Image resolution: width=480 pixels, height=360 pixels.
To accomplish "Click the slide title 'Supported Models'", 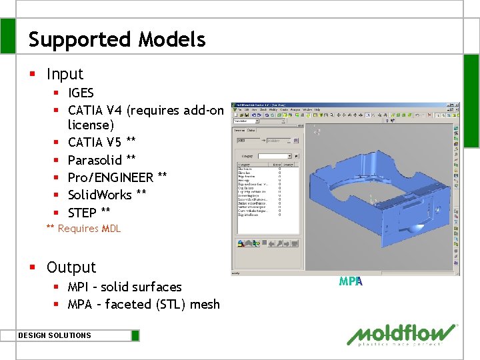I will click(x=117, y=39).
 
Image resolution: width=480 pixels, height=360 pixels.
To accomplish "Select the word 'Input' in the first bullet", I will click(x=65, y=74).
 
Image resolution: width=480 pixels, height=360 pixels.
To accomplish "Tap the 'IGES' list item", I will click(x=81, y=93).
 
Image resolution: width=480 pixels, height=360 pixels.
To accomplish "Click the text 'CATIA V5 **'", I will click(x=101, y=142).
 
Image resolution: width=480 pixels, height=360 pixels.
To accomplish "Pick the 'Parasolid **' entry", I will click(x=101, y=160).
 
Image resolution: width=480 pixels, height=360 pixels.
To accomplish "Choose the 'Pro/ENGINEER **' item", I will click(x=117, y=177).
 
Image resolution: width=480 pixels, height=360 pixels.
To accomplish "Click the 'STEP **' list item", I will click(x=89, y=212).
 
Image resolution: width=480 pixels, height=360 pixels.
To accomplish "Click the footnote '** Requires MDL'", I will click(x=83, y=229).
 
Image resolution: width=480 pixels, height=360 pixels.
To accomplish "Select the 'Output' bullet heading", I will click(x=71, y=267).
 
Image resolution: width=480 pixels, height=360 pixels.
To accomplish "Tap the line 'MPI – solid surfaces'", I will click(x=125, y=287).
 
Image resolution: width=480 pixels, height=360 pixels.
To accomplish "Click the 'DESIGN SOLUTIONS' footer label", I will click(x=55, y=335).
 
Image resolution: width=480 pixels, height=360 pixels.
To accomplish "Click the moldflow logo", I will click(x=402, y=335).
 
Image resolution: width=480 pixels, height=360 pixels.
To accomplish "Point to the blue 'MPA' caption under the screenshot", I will click(x=350, y=281).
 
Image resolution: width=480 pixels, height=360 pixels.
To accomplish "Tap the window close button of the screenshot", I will click(x=457, y=105).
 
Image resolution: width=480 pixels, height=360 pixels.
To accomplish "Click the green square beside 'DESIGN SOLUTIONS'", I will click(x=135, y=335).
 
